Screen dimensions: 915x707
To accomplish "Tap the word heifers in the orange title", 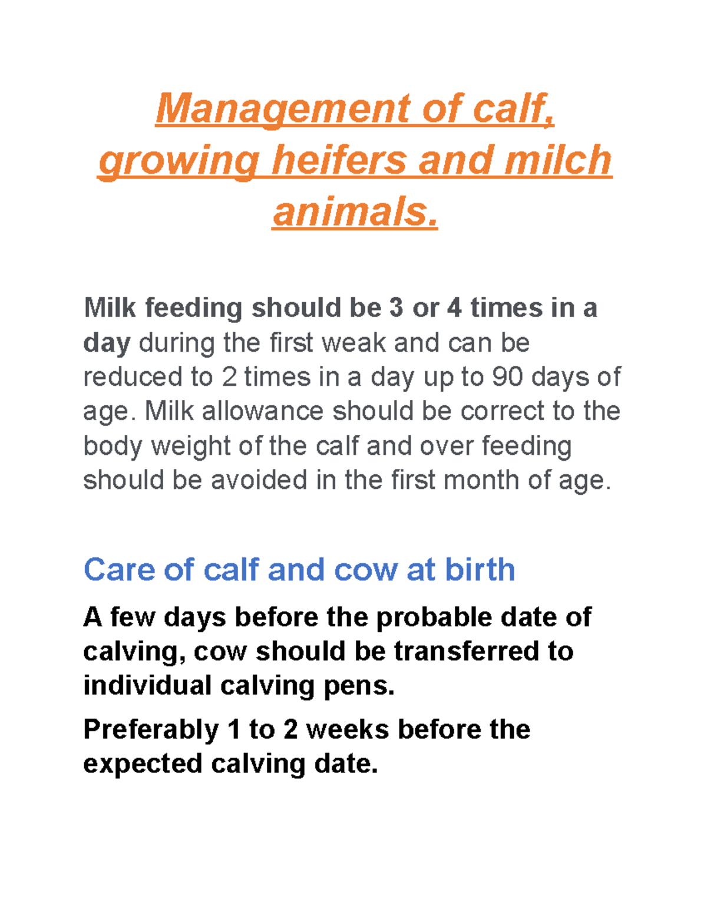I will click(x=338, y=160).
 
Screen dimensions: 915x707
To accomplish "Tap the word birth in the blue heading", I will click(x=480, y=570).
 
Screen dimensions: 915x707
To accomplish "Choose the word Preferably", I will click(x=151, y=730).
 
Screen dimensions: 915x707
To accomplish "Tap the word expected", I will click(x=143, y=764).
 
